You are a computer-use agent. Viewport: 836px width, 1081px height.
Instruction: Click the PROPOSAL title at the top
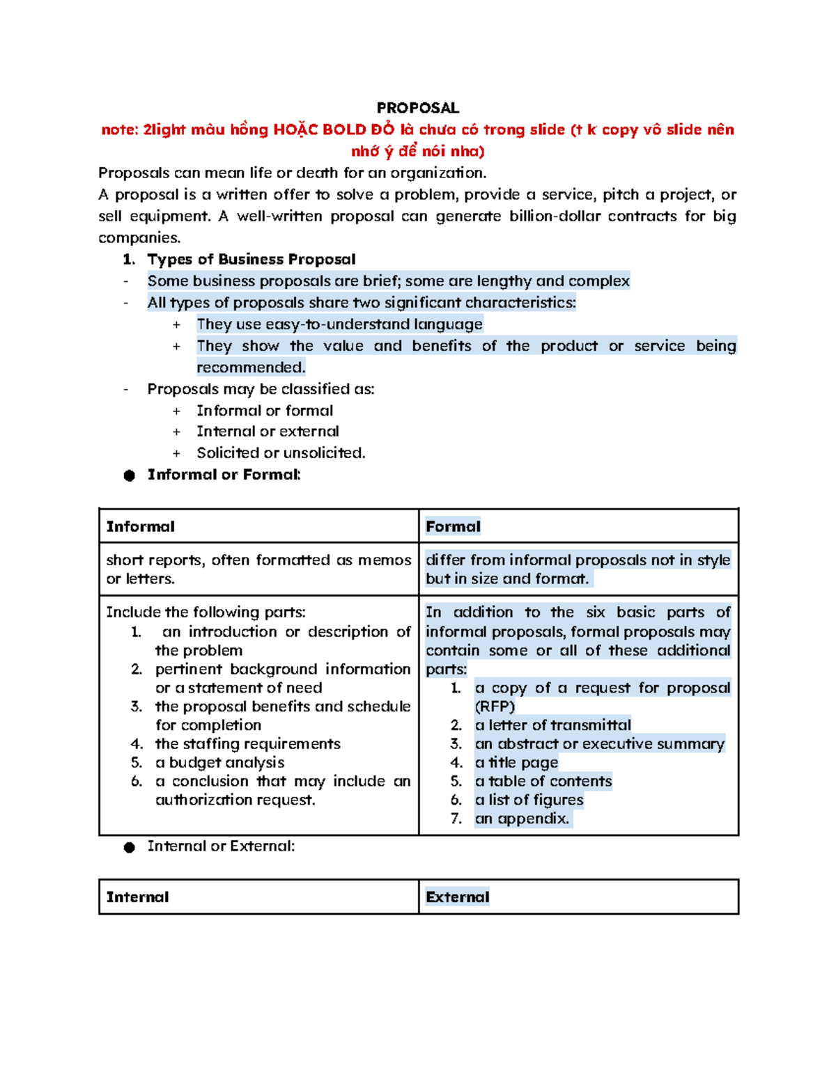(417, 108)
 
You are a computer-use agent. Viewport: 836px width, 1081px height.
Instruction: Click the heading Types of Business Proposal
(251, 260)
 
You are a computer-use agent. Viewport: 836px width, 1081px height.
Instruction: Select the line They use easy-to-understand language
(339, 324)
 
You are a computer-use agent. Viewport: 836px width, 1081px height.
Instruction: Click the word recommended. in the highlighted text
(251, 368)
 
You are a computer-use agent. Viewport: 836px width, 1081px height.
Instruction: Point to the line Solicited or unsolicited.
(281, 453)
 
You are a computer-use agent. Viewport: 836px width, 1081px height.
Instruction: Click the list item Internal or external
(268, 432)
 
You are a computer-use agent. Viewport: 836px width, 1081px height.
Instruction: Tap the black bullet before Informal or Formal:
(129, 475)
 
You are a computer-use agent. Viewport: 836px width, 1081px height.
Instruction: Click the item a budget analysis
(219, 763)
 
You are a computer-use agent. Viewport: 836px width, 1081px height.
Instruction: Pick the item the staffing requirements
(247, 744)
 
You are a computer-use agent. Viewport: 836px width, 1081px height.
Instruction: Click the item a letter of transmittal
(552, 725)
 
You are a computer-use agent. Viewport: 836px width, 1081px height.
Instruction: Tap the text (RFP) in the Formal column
(495, 707)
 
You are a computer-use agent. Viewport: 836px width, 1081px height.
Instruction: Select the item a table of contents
(543, 782)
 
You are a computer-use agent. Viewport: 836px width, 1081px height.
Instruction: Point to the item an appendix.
(522, 819)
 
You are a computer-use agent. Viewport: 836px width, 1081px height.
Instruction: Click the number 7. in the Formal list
(456, 819)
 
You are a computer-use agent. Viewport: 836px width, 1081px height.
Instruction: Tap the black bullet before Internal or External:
(129, 847)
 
